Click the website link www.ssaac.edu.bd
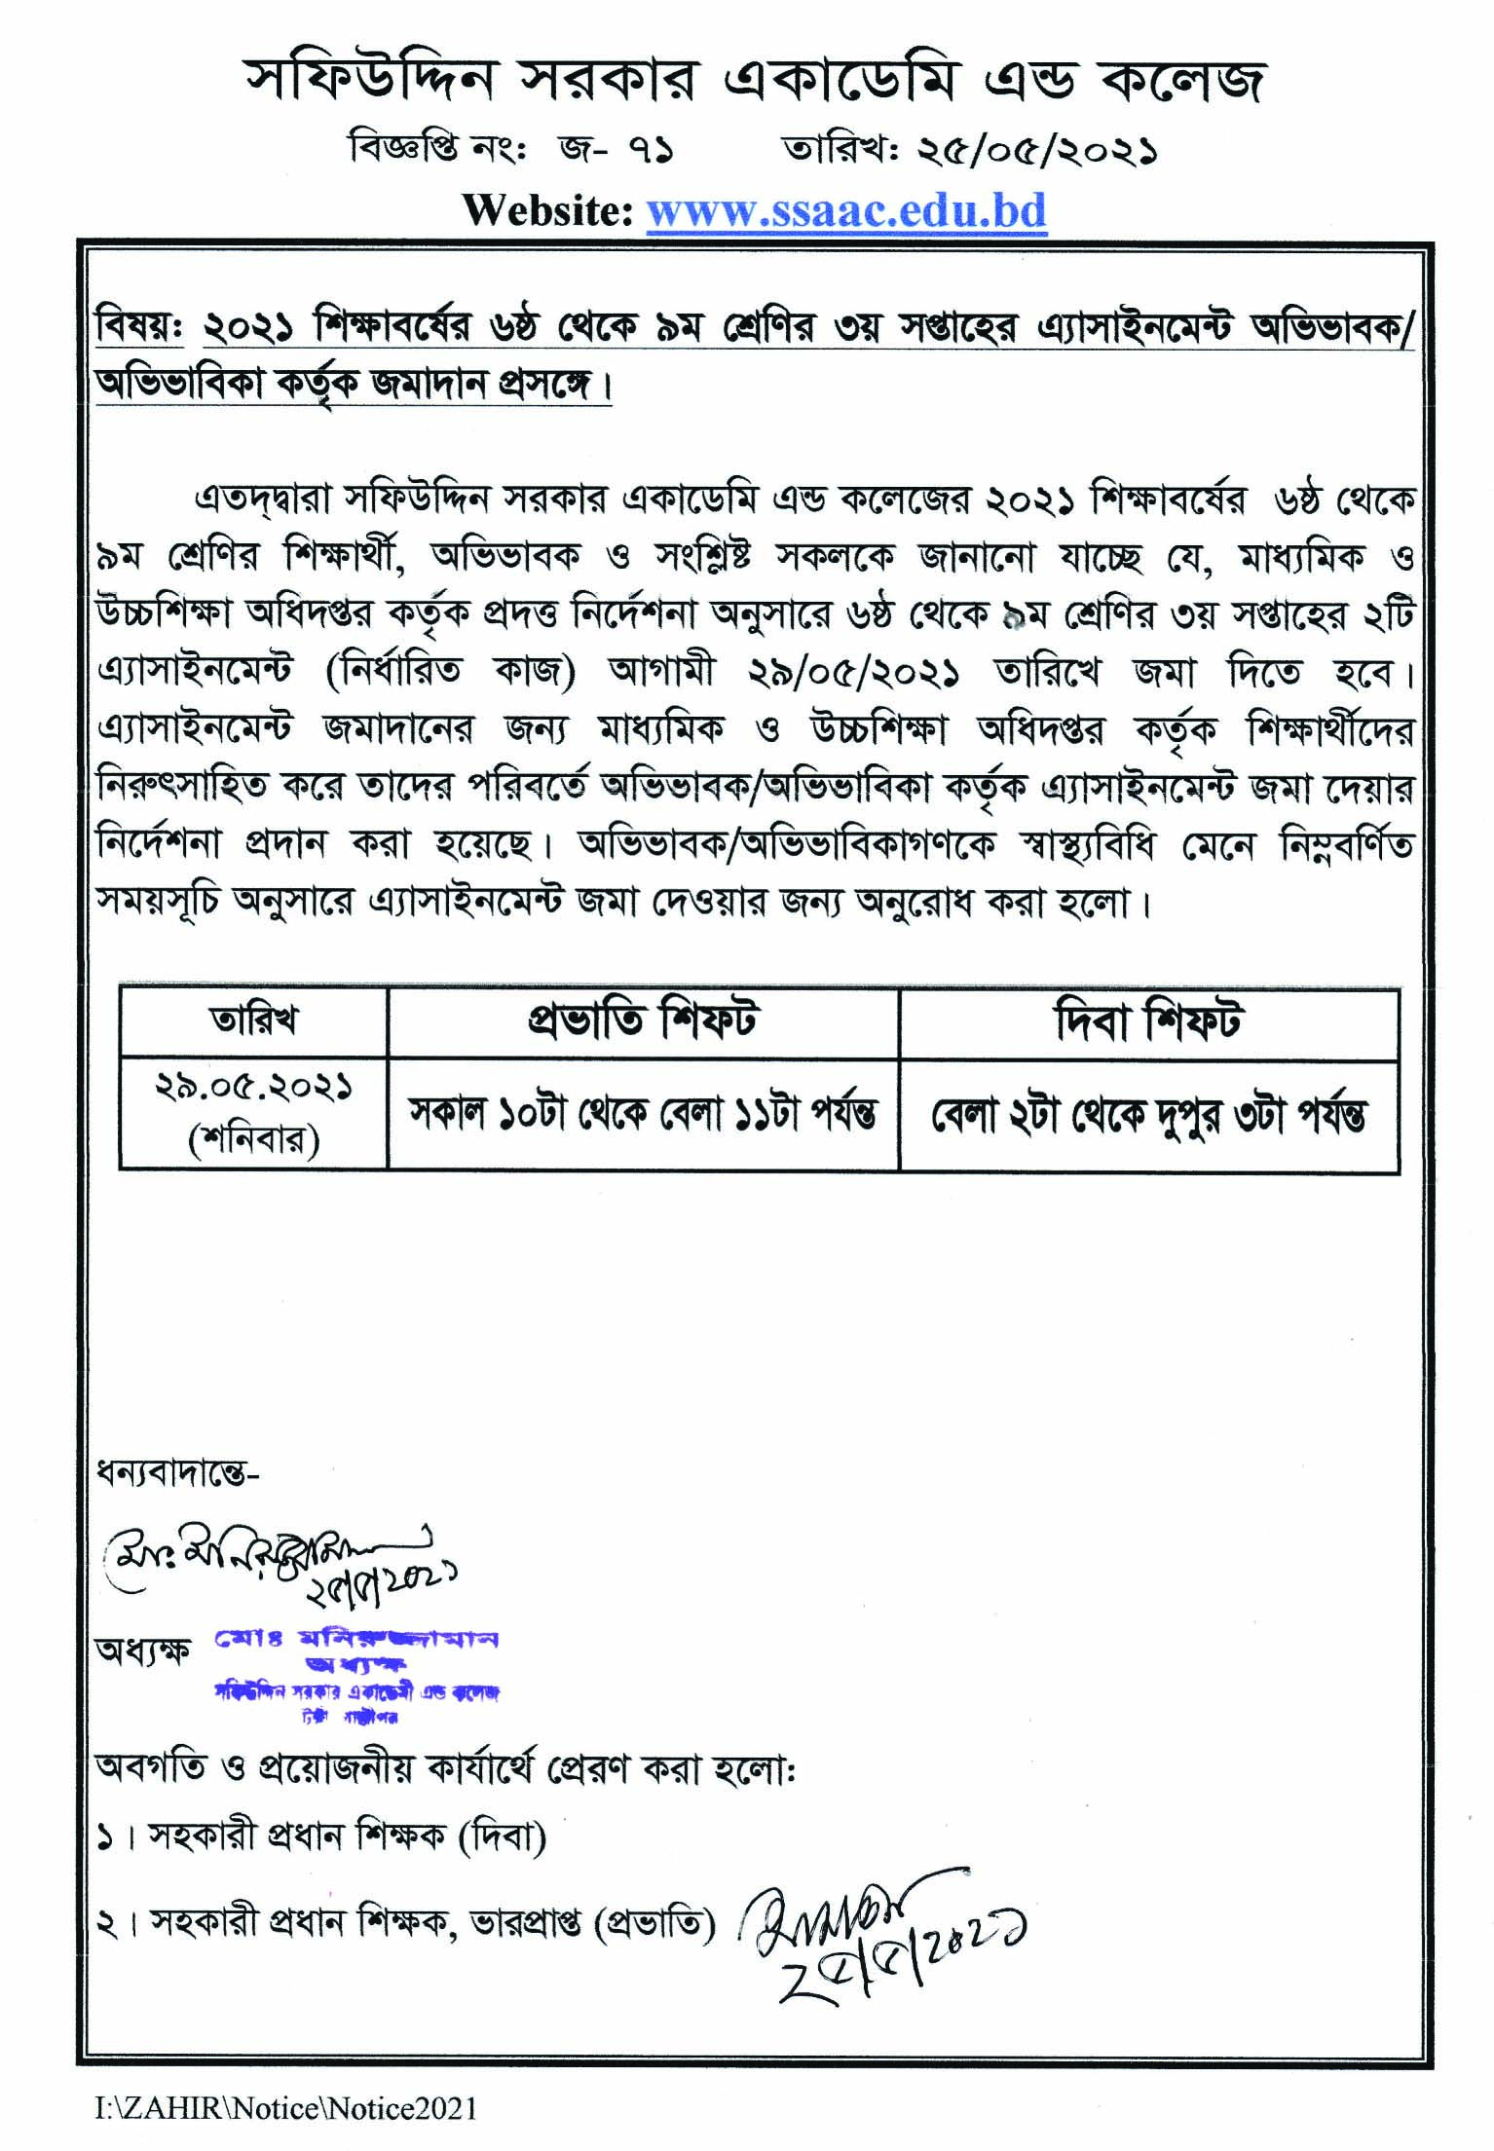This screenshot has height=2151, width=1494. pos(846,211)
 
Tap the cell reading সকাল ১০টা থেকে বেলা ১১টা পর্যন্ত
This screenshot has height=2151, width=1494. pos(642,1114)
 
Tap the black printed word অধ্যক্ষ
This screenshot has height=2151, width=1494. pos(142,1652)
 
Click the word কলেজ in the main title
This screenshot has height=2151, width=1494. pos(1181,81)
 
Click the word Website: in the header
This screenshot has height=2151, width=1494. pos(547,211)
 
